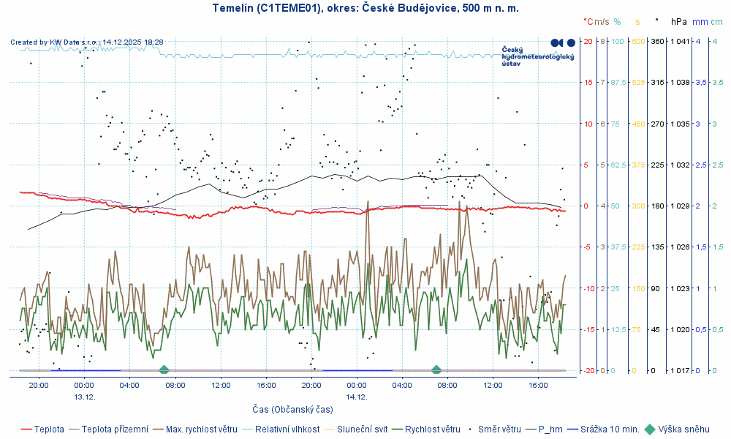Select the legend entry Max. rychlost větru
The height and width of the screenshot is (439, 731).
[x=201, y=429]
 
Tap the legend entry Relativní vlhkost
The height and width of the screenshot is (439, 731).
[x=287, y=429]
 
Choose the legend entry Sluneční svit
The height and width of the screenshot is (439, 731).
[x=364, y=429]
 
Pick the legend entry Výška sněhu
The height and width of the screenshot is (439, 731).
[x=684, y=429]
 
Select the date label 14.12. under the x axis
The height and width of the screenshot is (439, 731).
[x=357, y=396]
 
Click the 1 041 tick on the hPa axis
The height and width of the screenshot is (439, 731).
[x=680, y=41]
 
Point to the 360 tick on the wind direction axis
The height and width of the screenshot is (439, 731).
[x=657, y=41]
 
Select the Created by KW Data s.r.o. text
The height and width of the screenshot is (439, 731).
[x=86, y=42]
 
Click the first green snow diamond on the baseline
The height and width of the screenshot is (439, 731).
[x=164, y=370]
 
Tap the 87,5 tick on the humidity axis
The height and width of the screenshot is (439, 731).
[x=618, y=82]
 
